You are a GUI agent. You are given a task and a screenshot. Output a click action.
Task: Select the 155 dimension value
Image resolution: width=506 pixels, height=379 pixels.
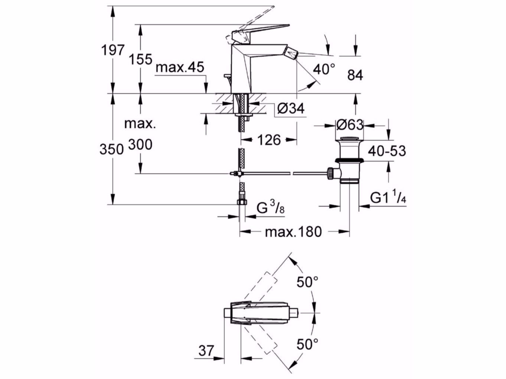pos(141,59)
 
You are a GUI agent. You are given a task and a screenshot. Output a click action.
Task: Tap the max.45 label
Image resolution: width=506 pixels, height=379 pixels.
pos(180,68)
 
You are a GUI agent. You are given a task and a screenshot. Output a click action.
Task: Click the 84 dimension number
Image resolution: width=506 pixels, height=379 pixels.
pos(355,75)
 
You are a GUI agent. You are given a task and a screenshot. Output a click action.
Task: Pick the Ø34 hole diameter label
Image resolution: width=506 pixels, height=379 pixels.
pos(291,108)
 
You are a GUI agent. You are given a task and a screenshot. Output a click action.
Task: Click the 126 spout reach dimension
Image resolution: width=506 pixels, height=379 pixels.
pos(269,140)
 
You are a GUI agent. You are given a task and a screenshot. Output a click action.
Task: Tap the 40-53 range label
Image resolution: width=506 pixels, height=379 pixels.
pos(387,151)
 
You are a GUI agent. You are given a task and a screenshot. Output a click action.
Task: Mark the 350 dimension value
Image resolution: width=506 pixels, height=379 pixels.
pos(111,149)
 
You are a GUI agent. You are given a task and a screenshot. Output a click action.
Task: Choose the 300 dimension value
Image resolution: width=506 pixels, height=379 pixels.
pos(140,145)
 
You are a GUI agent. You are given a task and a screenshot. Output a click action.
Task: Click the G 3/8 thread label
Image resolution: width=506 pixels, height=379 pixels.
pos(270,209)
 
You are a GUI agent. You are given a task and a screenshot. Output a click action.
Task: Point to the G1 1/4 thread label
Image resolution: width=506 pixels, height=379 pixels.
pos(387,198)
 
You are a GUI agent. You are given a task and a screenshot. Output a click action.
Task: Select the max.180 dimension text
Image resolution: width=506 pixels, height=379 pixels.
pos(293,232)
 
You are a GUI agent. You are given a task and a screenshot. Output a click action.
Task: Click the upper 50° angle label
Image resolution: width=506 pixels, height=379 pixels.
pos(307,282)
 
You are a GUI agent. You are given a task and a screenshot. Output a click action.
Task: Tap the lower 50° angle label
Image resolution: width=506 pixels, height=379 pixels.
pos(307,344)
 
